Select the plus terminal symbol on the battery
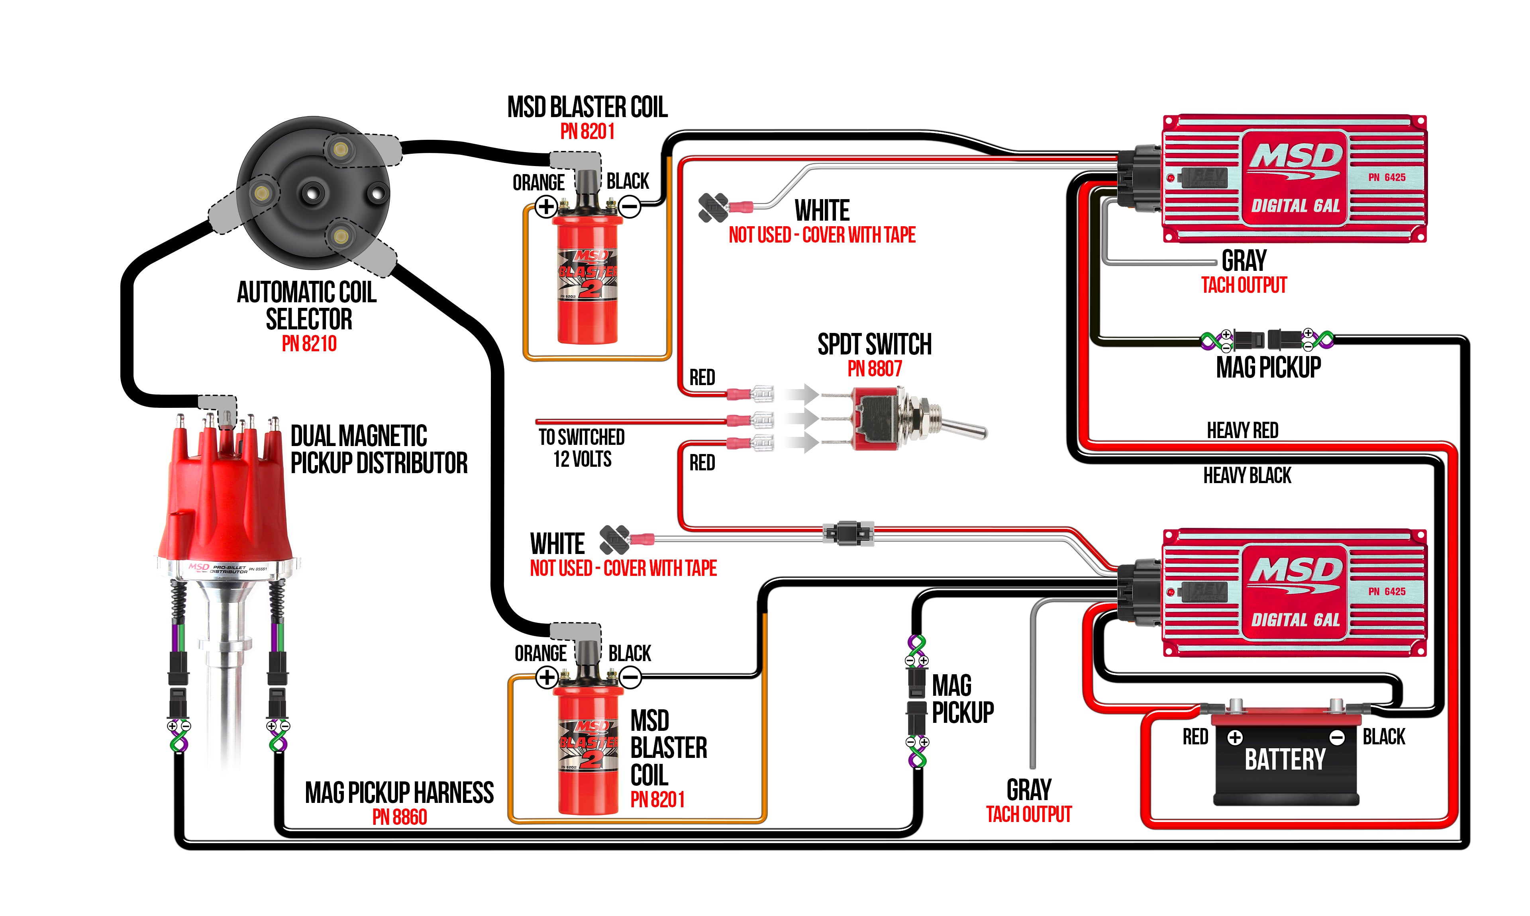pyautogui.click(x=1235, y=737)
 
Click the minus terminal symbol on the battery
pyautogui.click(x=1337, y=737)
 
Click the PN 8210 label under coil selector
pyautogui.click(x=309, y=343)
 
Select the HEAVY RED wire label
pyautogui.click(x=1242, y=430)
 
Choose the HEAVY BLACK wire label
pyautogui.click(x=1247, y=475)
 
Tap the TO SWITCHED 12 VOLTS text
pyautogui.click(x=582, y=448)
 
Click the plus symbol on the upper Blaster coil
pyautogui.click(x=546, y=207)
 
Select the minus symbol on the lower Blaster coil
pyautogui.click(x=630, y=678)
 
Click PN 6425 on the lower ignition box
pyautogui.click(x=1387, y=591)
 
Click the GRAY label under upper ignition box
pyautogui.click(x=1244, y=260)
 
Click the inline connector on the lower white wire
pyautogui.click(x=848, y=533)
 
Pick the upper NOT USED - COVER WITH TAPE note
pyautogui.click(x=822, y=235)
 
